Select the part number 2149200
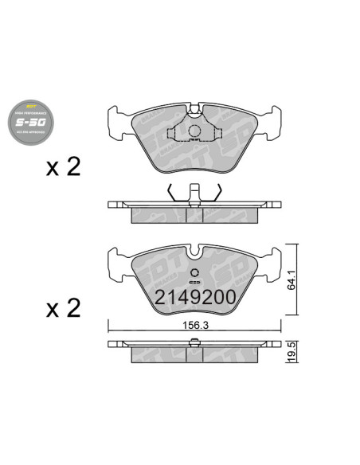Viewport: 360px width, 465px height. coord(194,298)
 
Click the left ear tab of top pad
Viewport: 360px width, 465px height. coord(115,119)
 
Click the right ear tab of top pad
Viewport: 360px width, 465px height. coord(273,119)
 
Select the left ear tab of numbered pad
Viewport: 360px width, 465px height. coord(115,259)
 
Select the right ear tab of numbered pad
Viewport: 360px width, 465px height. coord(273,259)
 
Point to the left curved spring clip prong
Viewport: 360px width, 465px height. coord(171,192)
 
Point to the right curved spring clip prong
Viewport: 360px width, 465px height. coord(217,192)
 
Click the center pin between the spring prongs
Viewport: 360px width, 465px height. coord(194,193)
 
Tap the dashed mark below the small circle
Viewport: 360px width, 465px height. coord(194,282)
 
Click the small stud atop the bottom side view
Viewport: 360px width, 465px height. coord(194,342)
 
